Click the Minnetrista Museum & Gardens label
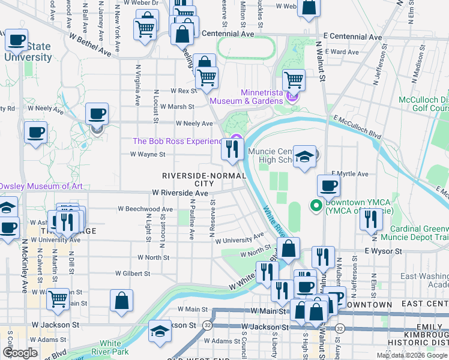(261, 97)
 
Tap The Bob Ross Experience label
(177, 141)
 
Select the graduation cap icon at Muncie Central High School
(306, 157)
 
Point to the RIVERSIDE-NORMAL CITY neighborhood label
(204, 179)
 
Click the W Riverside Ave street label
(180, 193)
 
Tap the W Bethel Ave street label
(90, 45)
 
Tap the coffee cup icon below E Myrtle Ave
(328, 185)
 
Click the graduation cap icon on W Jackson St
(160, 331)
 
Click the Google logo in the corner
(20, 353)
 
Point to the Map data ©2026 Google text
(412, 355)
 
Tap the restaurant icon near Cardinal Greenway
(370, 220)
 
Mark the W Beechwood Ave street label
(145, 209)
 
